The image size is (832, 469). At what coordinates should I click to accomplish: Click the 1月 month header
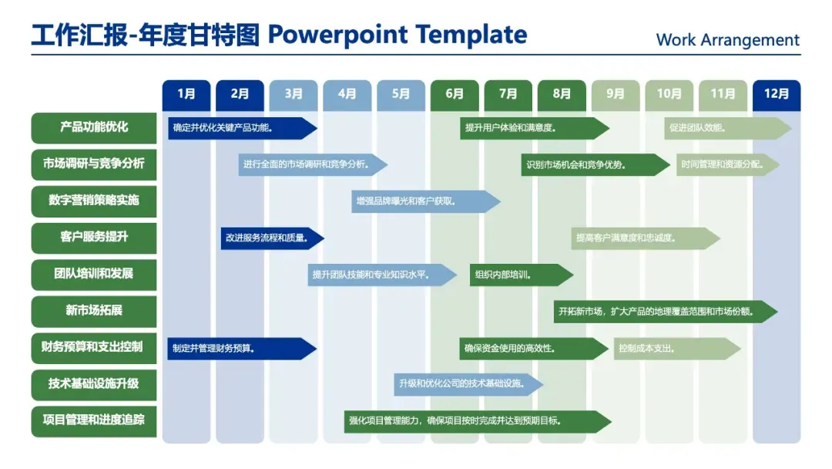(x=186, y=95)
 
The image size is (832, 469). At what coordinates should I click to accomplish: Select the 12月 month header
(x=776, y=95)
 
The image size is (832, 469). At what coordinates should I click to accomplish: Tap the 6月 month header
(x=455, y=95)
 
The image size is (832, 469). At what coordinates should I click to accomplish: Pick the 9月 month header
(x=616, y=95)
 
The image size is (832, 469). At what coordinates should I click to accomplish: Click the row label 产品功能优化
(x=94, y=128)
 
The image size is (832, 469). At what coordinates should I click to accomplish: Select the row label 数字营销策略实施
(x=94, y=201)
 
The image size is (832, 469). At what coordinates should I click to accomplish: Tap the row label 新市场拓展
(x=94, y=311)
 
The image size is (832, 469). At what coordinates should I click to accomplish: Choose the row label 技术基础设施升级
(x=94, y=384)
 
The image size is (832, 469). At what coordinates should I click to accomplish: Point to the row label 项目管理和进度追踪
(x=94, y=420)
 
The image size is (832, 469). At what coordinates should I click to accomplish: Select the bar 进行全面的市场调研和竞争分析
(x=311, y=164)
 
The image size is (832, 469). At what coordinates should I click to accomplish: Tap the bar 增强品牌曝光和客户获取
(x=424, y=201)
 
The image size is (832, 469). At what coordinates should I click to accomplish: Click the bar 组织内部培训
(x=520, y=275)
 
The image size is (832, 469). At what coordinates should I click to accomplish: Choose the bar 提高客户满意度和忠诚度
(x=644, y=238)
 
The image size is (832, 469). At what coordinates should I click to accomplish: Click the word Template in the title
(x=471, y=35)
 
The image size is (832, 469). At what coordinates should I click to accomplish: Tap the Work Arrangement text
(x=727, y=40)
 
